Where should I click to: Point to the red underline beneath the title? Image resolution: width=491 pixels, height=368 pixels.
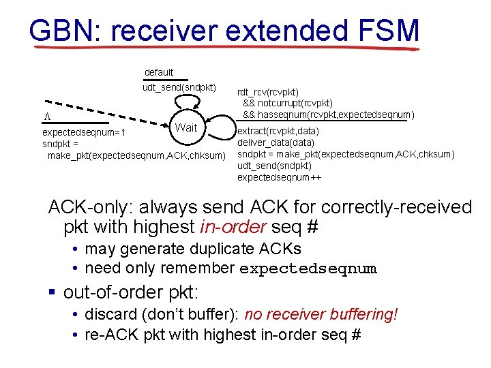225,48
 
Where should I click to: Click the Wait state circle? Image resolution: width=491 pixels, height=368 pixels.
185,127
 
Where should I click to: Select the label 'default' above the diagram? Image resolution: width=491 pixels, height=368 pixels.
159,72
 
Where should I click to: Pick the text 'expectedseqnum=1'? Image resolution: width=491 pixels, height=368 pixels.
81,134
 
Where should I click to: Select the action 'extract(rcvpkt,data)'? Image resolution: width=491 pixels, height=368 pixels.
276,132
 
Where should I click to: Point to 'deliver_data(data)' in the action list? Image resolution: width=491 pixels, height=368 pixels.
276,143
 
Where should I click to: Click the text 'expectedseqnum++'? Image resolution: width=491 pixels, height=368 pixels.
280,178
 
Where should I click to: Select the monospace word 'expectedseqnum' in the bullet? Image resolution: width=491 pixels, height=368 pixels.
308,269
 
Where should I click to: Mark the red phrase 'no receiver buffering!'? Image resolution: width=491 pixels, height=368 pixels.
321,314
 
